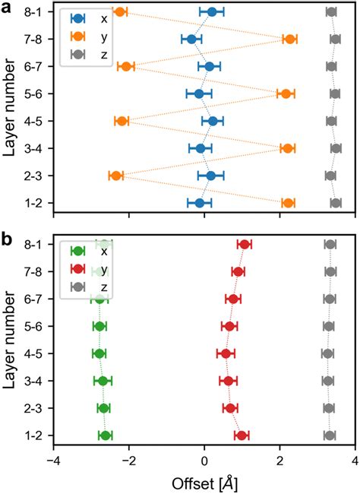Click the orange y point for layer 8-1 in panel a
(x=119, y=11)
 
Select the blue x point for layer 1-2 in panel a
(x=200, y=203)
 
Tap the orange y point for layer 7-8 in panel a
(x=289, y=39)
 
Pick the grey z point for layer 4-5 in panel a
(x=331, y=121)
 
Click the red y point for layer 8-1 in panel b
(x=245, y=244)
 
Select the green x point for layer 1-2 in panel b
(x=106, y=435)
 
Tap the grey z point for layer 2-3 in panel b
(x=329, y=408)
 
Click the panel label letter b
(x=6, y=238)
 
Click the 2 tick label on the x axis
(x=280, y=461)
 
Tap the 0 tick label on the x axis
(x=204, y=461)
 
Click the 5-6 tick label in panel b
(x=35, y=326)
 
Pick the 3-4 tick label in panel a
(x=35, y=148)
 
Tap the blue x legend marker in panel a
(x=77, y=18)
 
